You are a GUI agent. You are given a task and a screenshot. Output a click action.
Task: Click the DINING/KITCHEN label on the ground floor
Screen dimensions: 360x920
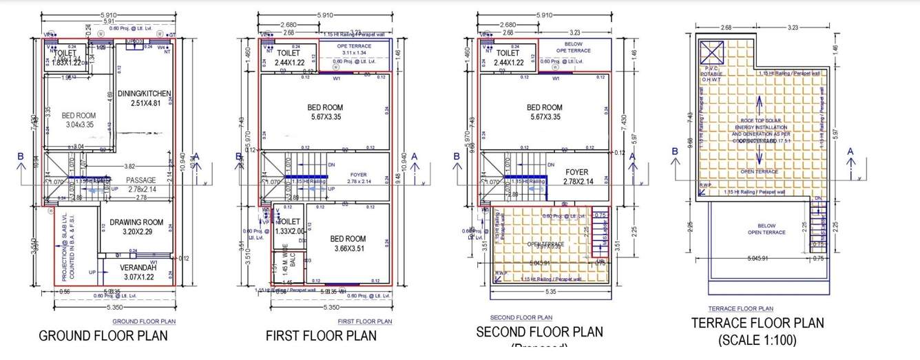pyautogui.click(x=144, y=94)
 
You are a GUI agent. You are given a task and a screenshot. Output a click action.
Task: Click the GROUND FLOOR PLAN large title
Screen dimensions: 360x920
pyautogui.click(x=103, y=336)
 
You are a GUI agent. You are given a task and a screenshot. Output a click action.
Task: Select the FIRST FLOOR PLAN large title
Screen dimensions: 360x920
pyautogui.click(x=321, y=336)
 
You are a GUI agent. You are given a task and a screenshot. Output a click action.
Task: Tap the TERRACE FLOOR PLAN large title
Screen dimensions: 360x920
pyautogui.click(x=757, y=323)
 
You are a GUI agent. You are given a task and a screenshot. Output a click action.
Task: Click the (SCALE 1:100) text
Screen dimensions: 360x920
pyautogui.click(x=757, y=340)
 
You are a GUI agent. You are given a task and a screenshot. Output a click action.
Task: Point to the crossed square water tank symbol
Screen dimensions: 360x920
pyautogui.click(x=711, y=52)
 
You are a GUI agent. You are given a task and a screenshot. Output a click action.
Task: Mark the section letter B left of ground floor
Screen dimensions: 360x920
pyautogui.click(x=21, y=156)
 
